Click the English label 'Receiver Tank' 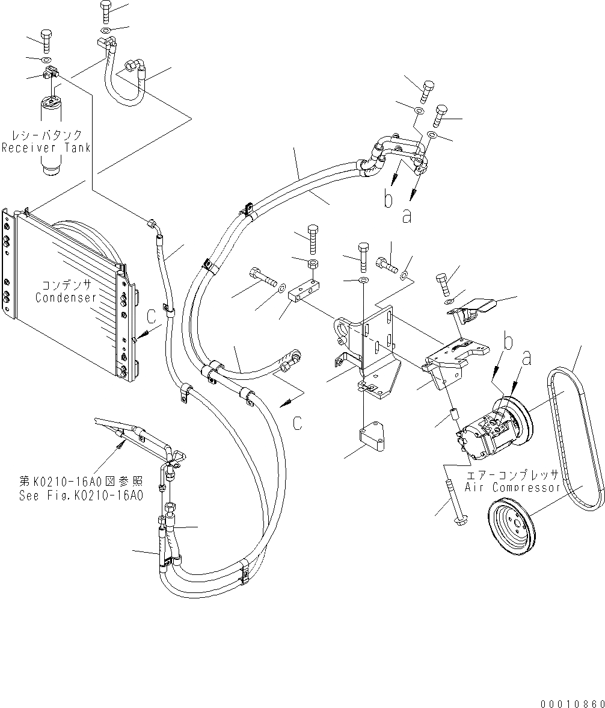[x=46, y=148]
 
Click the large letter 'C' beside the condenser [x=153, y=314]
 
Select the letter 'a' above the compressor [x=528, y=359]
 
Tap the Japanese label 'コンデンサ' [x=66, y=285]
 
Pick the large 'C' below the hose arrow [x=297, y=423]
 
